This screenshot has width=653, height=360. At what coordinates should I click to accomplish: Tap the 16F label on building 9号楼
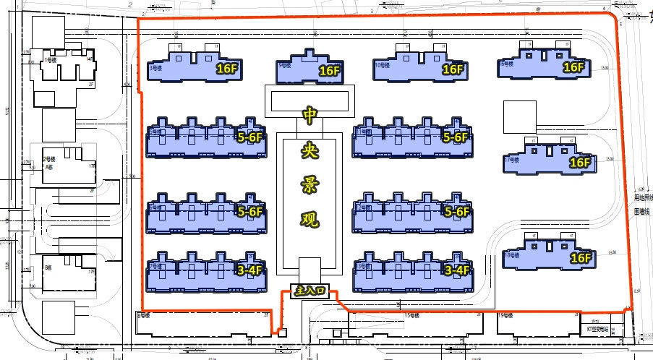coord(329,71)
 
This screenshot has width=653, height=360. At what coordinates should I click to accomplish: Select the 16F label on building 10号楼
coord(452,69)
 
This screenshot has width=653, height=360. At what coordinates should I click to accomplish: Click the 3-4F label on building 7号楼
coord(249,270)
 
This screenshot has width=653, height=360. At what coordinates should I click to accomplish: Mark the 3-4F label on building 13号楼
coord(457,270)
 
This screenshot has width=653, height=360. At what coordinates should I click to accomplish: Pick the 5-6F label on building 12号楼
coord(457,212)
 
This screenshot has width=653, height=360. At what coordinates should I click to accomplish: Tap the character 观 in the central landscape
coord(310,219)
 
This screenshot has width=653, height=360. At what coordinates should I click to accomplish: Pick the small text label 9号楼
coord(284,65)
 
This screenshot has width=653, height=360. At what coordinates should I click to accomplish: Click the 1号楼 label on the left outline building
coord(50,59)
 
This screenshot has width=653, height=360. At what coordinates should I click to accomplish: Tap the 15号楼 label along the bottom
coord(413,316)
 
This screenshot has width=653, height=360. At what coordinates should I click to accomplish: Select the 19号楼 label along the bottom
coord(505,316)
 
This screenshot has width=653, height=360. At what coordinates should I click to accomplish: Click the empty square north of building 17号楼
coord(520,116)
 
